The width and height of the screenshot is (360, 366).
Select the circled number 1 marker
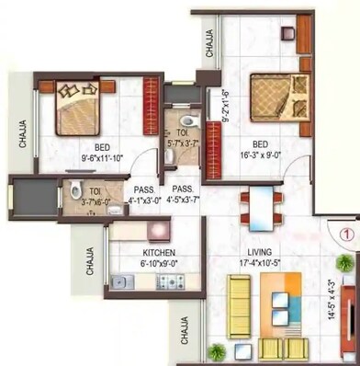[x=346, y=233]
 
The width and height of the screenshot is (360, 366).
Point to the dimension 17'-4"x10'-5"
[x=257, y=263]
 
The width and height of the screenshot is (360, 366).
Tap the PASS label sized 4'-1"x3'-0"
[x=144, y=194]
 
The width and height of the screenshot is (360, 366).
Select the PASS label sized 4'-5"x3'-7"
[x=185, y=194]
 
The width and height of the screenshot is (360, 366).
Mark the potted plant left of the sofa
[x=215, y=350]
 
